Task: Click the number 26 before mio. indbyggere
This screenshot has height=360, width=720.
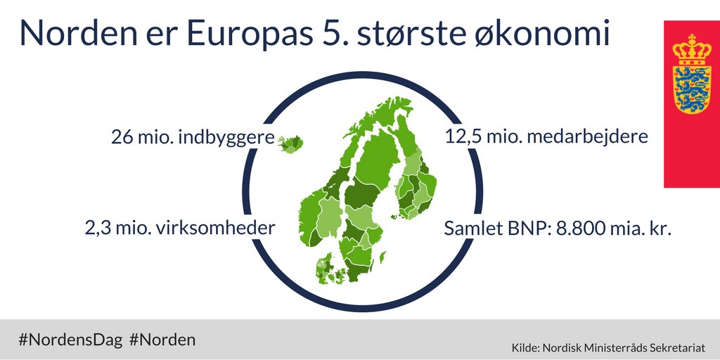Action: point(122,137)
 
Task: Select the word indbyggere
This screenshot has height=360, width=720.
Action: point(226,137)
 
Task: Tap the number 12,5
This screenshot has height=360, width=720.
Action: point(463,136)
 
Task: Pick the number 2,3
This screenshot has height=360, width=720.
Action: point(96,229)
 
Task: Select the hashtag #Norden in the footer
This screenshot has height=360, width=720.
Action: point(162,340)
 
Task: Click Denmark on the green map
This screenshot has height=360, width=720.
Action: point(327,267)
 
